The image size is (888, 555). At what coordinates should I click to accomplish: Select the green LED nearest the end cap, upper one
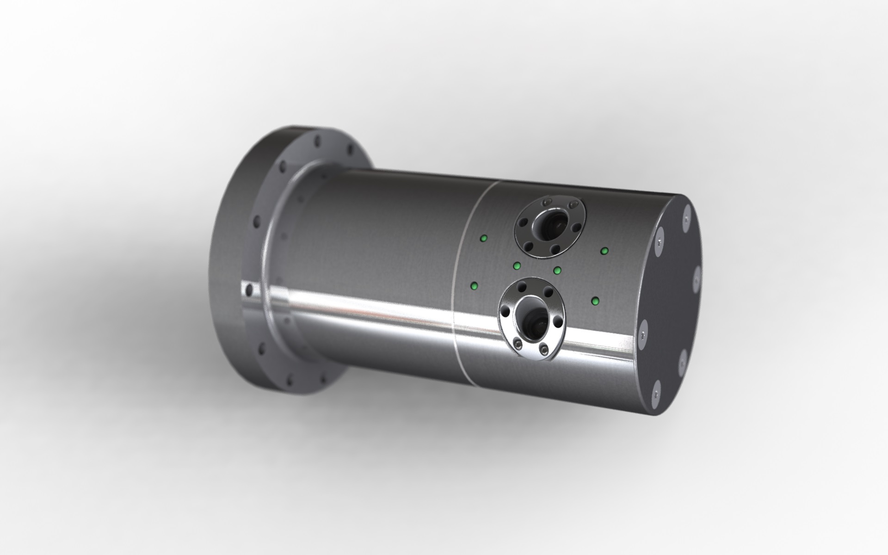click(604, 251)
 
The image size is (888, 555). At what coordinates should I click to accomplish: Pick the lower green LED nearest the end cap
click(595, 302)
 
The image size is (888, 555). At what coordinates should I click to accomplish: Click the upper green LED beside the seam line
click(484, 239)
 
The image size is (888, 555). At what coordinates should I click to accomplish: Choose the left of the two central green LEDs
click(518, 265)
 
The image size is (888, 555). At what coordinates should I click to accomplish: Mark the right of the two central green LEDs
click(557, 270)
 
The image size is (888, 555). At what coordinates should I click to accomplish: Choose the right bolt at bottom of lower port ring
click(544, 348)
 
